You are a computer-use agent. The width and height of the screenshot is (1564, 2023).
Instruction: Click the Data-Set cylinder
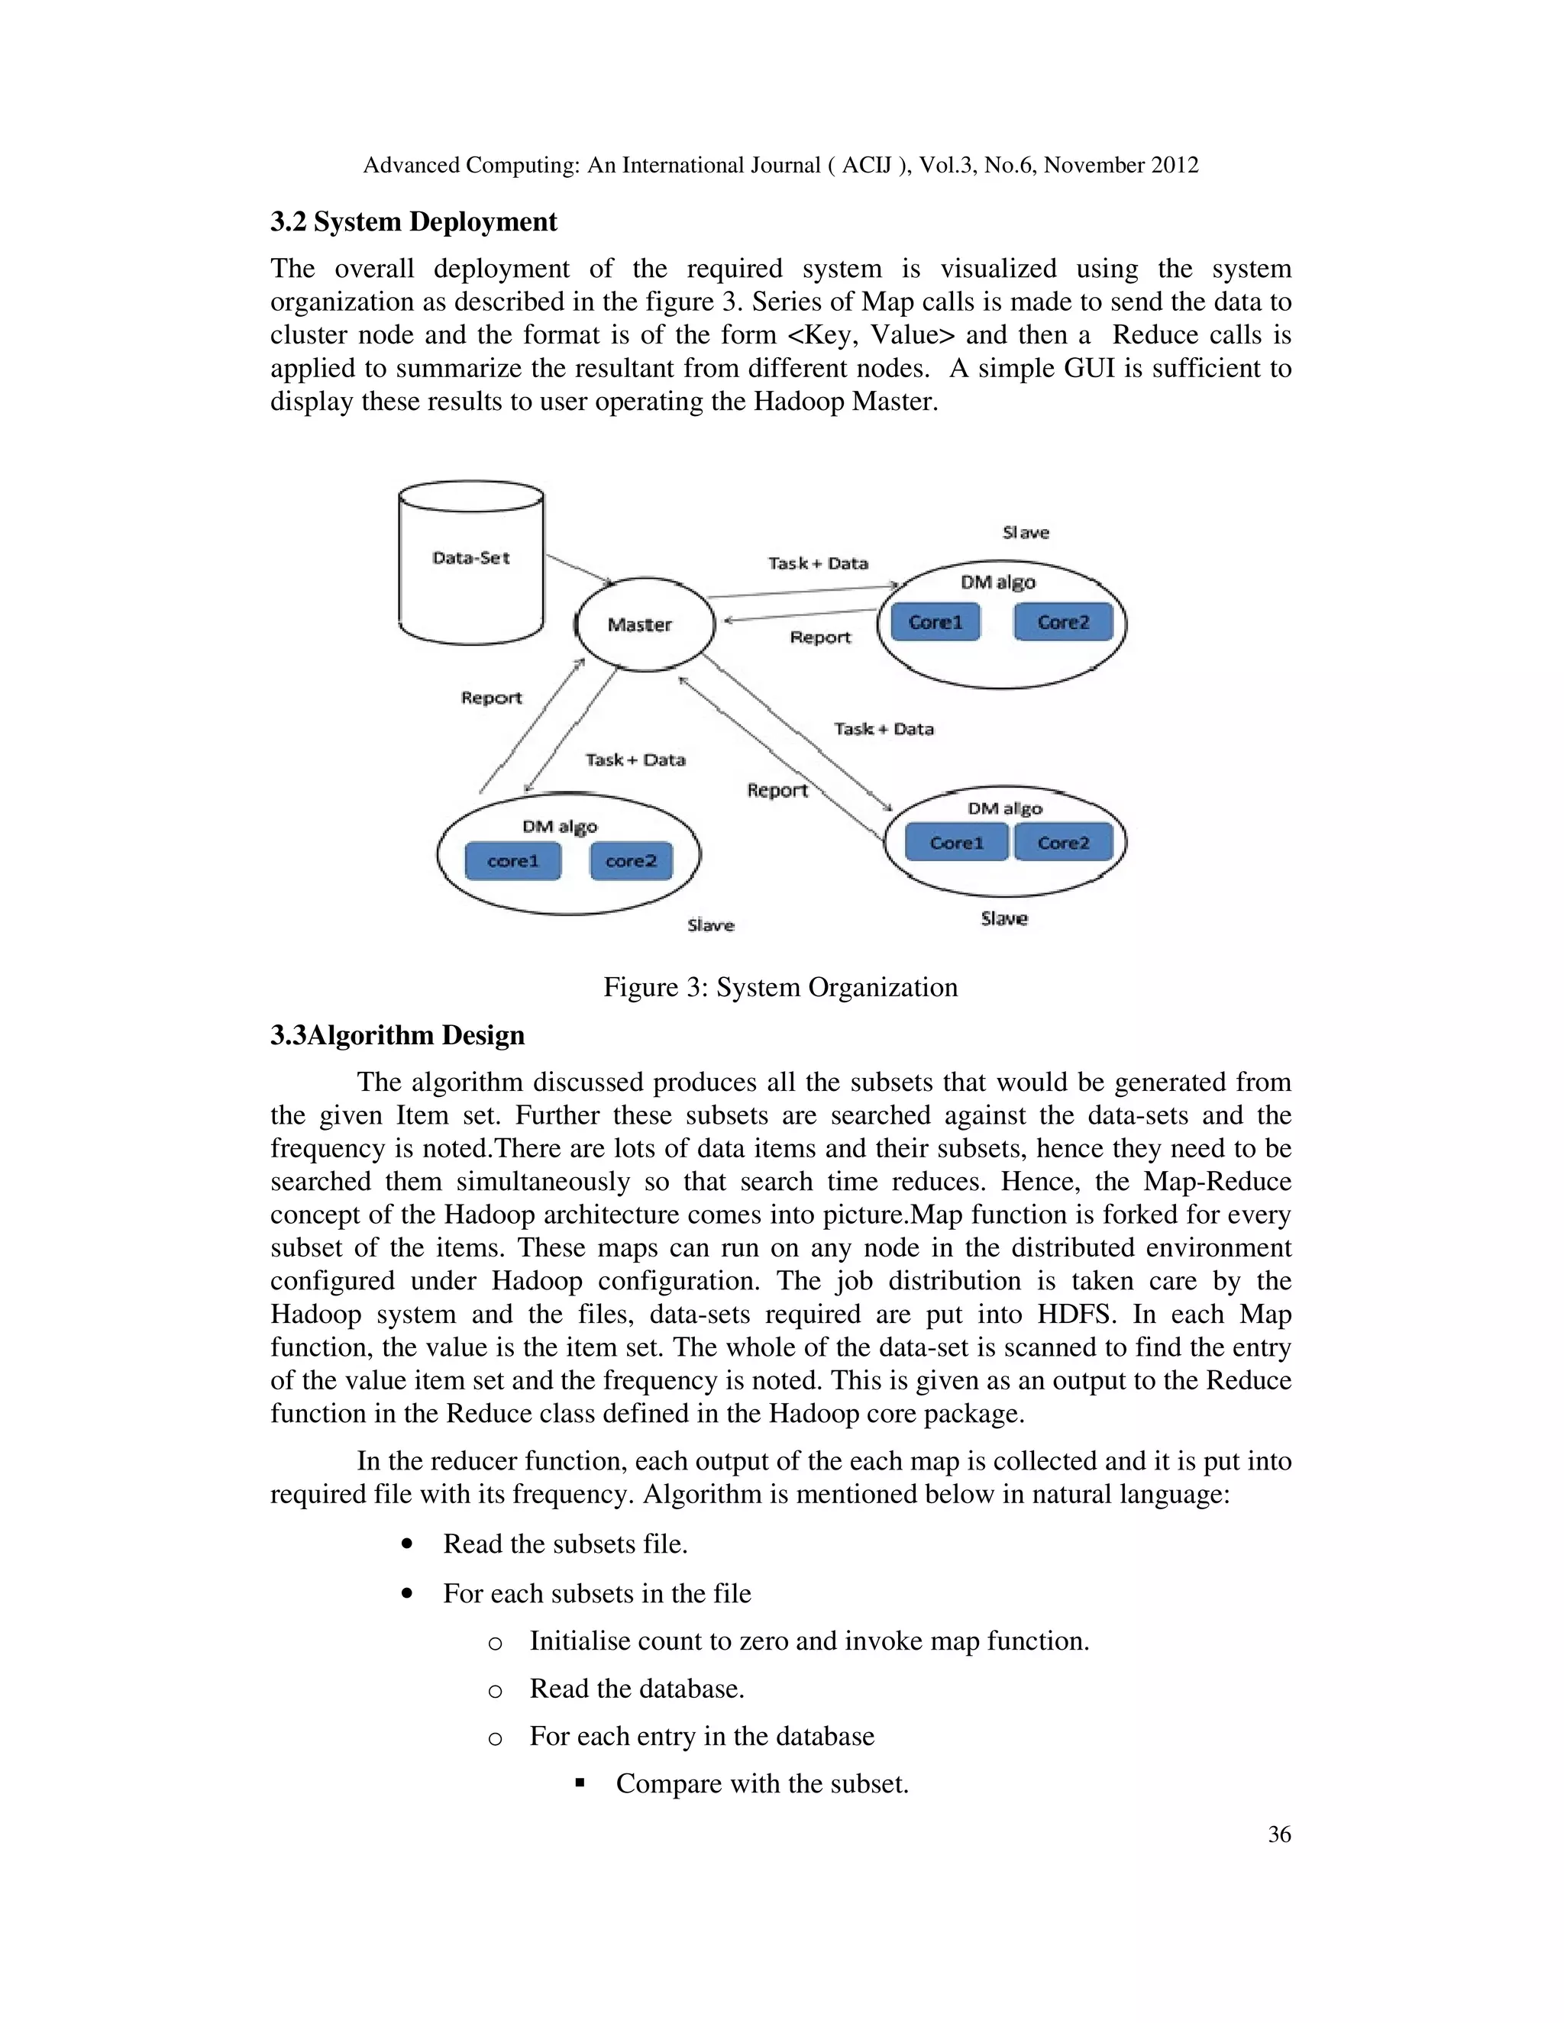470,563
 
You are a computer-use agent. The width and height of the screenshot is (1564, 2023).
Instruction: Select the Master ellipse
644,624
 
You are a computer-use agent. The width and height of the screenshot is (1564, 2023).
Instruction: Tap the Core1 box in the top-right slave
935,622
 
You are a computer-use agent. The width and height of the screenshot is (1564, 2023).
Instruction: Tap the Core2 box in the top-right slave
1063,622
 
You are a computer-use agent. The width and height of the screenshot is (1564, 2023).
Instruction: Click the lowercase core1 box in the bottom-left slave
513,861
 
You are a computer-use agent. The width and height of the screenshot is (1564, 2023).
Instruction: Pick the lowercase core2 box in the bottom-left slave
631,861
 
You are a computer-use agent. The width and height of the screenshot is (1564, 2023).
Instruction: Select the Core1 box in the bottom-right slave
956,843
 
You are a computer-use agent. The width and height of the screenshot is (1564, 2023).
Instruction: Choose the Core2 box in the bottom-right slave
1063,843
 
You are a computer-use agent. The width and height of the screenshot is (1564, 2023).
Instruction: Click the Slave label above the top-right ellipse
1026,533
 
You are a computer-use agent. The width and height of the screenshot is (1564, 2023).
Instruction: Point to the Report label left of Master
491,699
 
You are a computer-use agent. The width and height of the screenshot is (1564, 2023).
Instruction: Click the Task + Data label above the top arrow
818,563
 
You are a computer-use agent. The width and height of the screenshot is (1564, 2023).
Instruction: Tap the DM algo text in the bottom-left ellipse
560,826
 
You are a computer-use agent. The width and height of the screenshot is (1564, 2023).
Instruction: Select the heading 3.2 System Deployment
413,222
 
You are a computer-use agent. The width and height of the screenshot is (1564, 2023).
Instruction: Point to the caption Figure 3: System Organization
780,987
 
